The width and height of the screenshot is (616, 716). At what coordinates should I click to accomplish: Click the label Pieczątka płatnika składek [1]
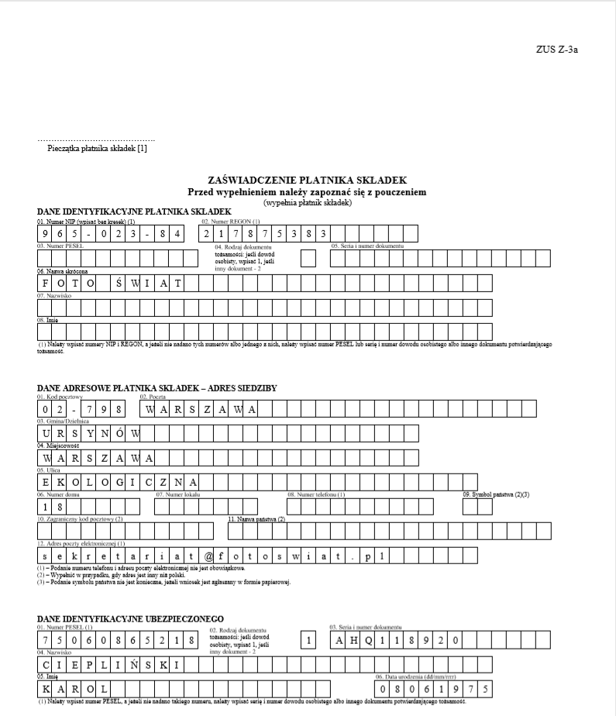97,148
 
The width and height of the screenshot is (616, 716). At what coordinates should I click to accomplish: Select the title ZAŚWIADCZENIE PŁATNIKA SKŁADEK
307,180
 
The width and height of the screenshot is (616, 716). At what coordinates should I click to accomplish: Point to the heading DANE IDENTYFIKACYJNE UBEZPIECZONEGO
130,618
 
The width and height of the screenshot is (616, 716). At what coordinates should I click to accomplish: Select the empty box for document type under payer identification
308,259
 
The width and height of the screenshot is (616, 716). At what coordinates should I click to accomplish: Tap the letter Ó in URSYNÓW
120,432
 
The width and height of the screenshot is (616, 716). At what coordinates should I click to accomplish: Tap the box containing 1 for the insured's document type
308,640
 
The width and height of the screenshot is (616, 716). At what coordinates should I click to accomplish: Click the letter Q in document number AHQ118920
373,640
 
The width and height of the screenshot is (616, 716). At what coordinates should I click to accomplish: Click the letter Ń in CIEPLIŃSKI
120,665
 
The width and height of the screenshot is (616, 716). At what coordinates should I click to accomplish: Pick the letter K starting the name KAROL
46,689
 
